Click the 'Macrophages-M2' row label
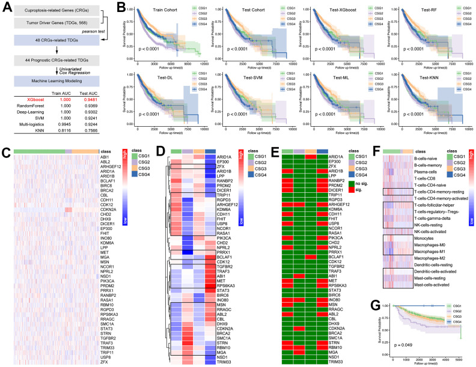(434, 240)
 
